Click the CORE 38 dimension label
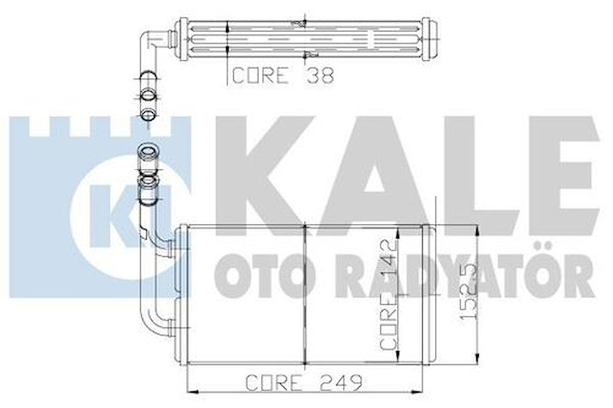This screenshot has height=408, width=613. pos(282,76)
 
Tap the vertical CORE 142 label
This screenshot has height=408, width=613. pos(390,294)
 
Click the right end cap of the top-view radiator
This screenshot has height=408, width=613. pos(426,39)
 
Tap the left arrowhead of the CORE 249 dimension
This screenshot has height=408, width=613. pos(190,391)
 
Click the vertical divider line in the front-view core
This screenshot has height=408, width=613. pos(303,294)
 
